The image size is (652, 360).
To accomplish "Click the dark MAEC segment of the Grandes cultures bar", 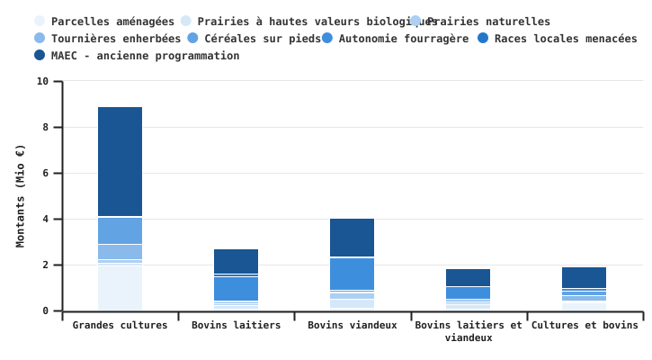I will click(120, 162).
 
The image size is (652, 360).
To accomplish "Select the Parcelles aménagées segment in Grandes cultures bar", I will click(120, 288).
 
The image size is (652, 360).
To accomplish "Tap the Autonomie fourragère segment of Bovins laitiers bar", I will click(236, 288).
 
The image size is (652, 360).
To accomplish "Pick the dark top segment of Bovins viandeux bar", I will click(352, 238).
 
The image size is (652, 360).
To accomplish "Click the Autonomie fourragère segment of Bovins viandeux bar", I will click(352, 274).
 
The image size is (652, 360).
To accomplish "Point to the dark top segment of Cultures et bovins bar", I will click(585, 277).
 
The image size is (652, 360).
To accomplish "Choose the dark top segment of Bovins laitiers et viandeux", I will click(468, 277).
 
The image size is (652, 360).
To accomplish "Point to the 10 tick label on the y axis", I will click(43, 81).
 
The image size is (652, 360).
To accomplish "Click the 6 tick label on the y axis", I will click(46, 173).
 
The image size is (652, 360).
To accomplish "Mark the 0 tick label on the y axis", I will click(46, 311).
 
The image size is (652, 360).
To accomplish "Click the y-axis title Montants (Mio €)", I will click(21, 195).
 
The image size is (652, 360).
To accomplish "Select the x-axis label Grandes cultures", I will click(120, 325).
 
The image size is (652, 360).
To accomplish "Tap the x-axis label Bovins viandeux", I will click(352, 325).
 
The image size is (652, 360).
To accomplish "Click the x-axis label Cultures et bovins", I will click(585, 325).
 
